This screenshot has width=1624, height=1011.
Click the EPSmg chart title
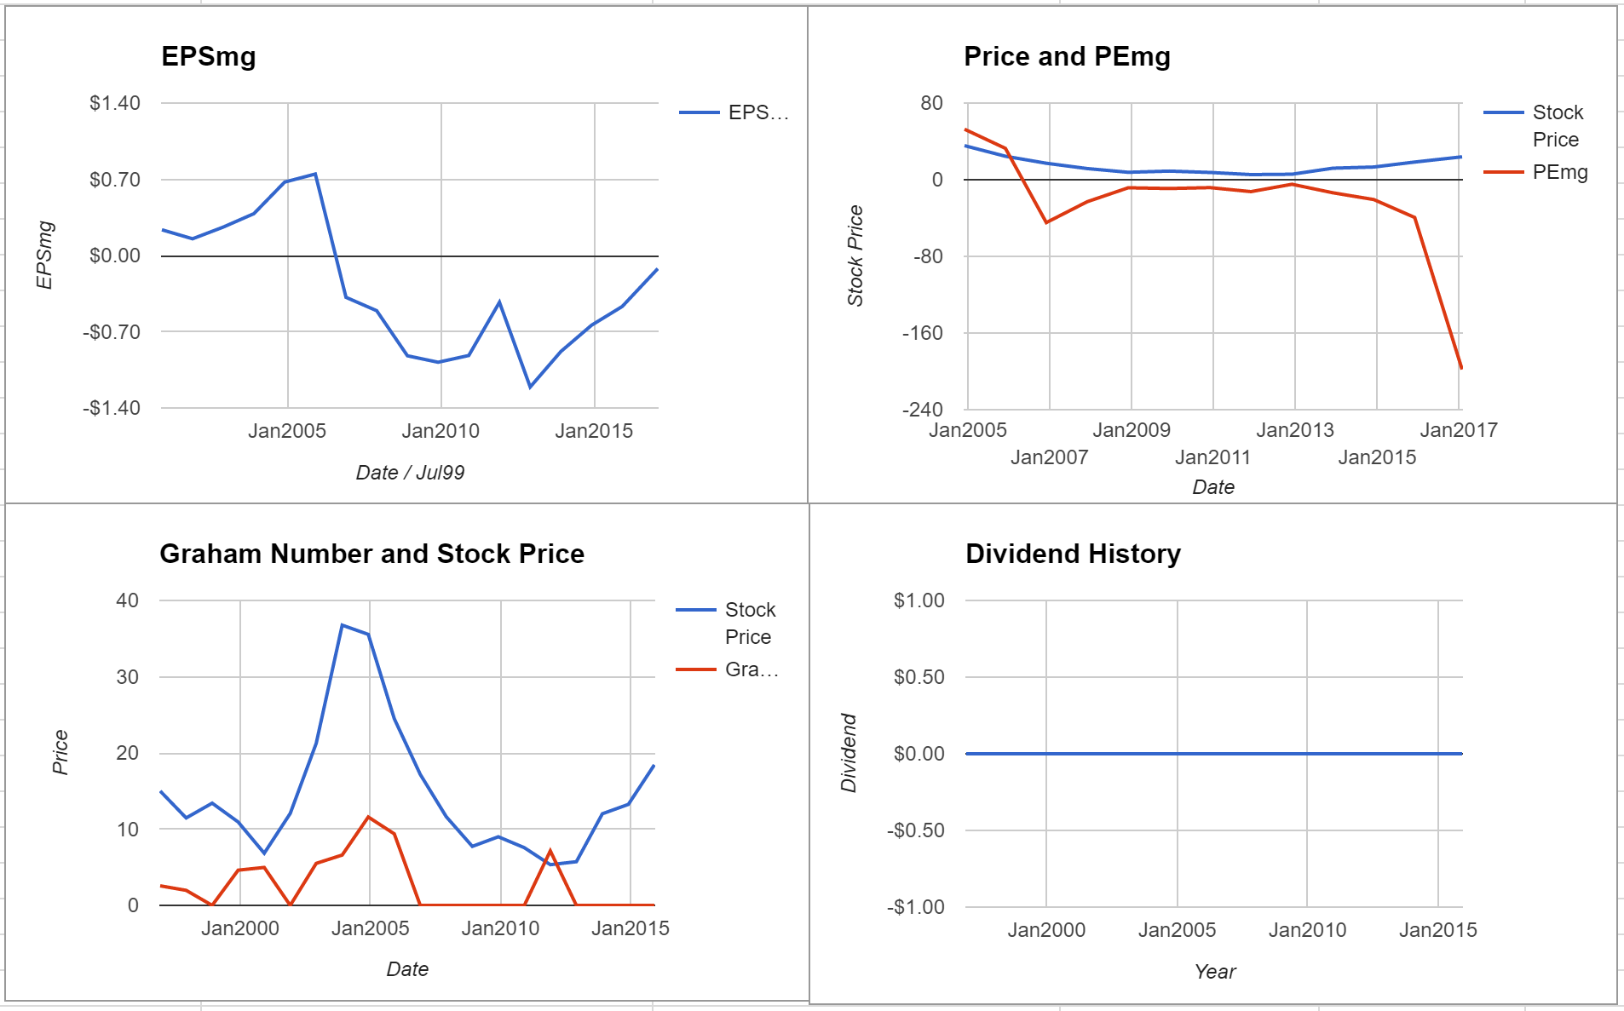[209, 57]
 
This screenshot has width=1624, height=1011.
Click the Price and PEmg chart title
[1067, 57]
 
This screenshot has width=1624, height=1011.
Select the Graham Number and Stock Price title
[372, 554]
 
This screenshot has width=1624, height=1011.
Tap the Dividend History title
[1073, 554]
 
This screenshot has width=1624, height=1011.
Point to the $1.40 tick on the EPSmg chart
[115, 103]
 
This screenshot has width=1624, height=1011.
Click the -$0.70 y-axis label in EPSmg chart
[112, 331]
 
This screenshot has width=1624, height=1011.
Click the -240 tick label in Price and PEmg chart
[923, 410]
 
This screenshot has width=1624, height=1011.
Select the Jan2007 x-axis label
[1050, 457]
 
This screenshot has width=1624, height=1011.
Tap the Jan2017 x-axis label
[1459, 430]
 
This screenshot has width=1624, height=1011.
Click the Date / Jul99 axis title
[410, 473]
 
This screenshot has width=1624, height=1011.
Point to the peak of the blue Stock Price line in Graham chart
[342, 625]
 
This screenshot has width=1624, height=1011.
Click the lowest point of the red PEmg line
[1461, 368]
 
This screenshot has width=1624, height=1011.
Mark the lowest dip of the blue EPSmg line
[530, 388]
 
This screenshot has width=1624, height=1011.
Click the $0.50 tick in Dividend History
[919, 677]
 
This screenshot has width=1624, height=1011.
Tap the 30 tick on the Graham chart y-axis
[127, 677]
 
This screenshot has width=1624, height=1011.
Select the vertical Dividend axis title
[849, 753]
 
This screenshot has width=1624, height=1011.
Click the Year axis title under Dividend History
[1215, 972]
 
